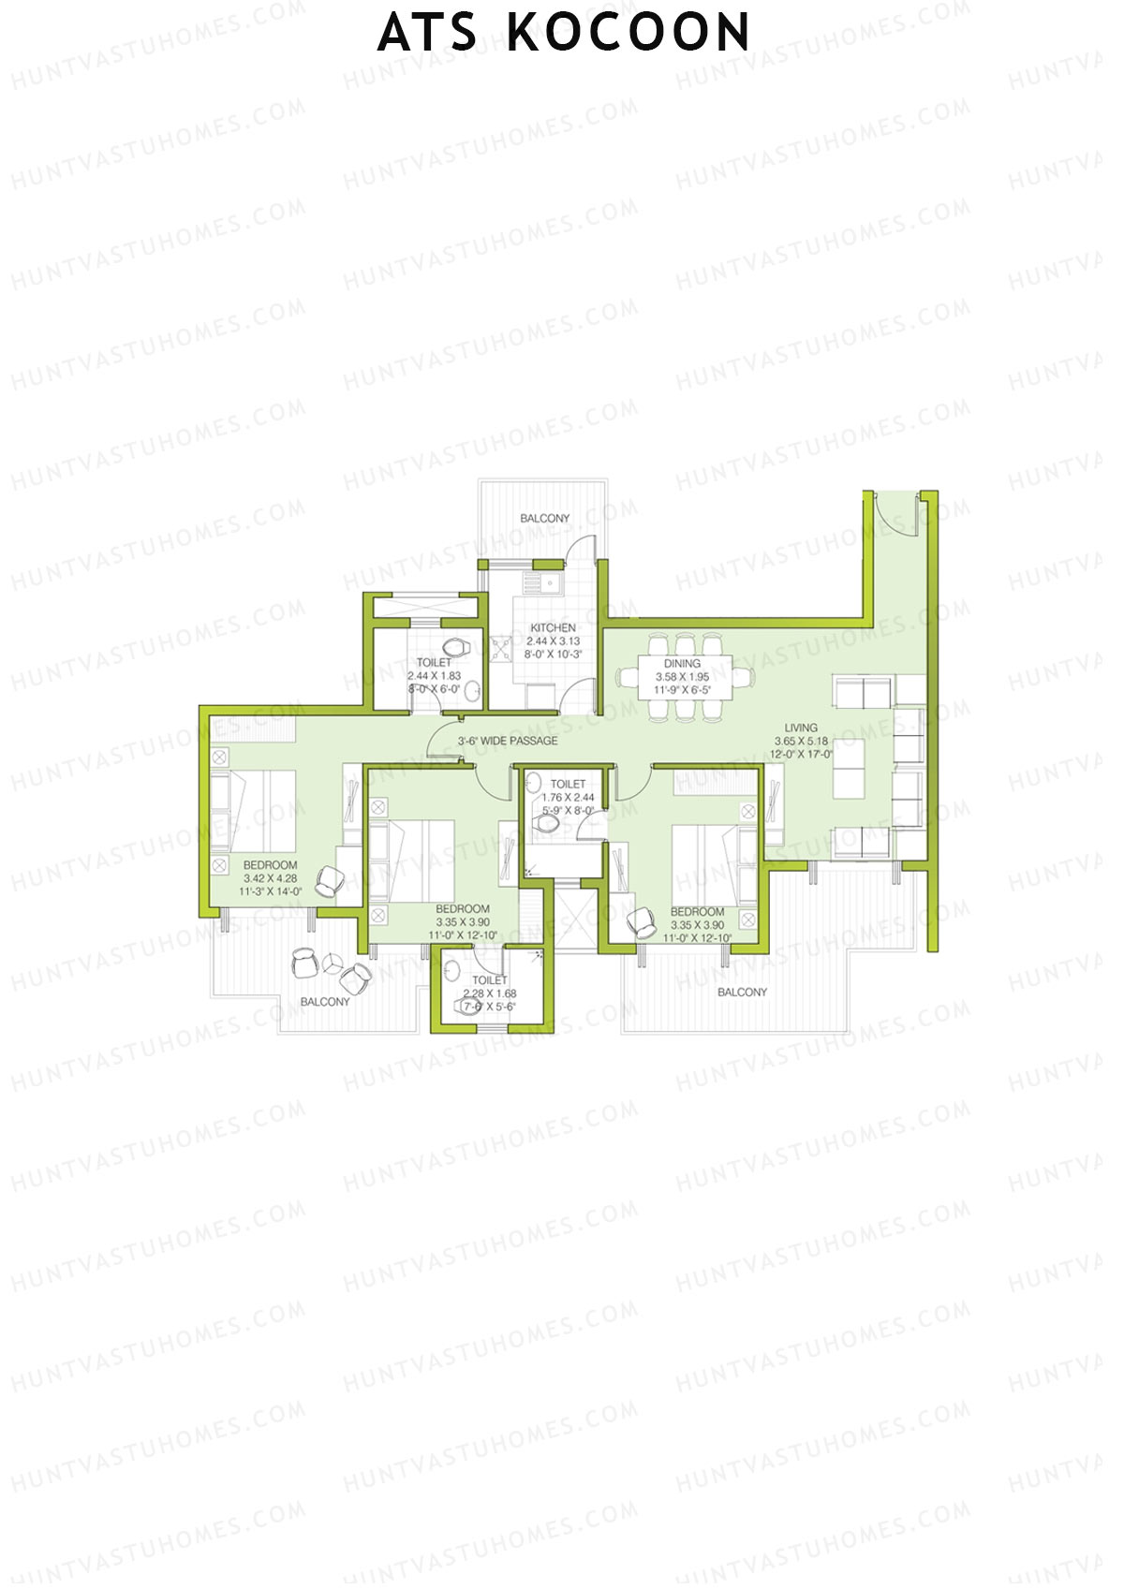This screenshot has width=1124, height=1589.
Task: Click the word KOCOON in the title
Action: coord(629,34)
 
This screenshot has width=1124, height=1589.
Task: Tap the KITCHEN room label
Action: coord(553,627)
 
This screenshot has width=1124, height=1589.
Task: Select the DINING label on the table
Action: coord(682,663)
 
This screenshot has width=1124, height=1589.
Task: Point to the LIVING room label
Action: coord(801,728)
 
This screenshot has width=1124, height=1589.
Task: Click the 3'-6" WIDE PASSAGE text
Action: coord(508,741)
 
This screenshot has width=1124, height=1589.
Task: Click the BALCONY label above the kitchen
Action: coord(544,518)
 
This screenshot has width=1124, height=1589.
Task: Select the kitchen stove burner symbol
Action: coord(500,648)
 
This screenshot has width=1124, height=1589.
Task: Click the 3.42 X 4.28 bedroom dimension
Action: coord(270,878)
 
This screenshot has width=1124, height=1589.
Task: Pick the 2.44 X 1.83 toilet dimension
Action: coord(434,675)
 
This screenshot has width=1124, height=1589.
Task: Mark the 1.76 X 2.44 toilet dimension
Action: coord(568,798)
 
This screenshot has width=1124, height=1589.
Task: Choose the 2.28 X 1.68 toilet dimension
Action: coord(490,993)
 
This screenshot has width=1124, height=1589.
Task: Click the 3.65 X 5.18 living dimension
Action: coord(801,741)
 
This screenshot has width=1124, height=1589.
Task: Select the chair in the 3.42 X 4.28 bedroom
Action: coord(331,881)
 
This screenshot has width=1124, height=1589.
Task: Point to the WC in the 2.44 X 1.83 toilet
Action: coord(456,647)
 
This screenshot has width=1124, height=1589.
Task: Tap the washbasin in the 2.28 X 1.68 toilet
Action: coord(453,969)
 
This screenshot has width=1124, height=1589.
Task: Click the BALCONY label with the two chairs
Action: coord(325,1002)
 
